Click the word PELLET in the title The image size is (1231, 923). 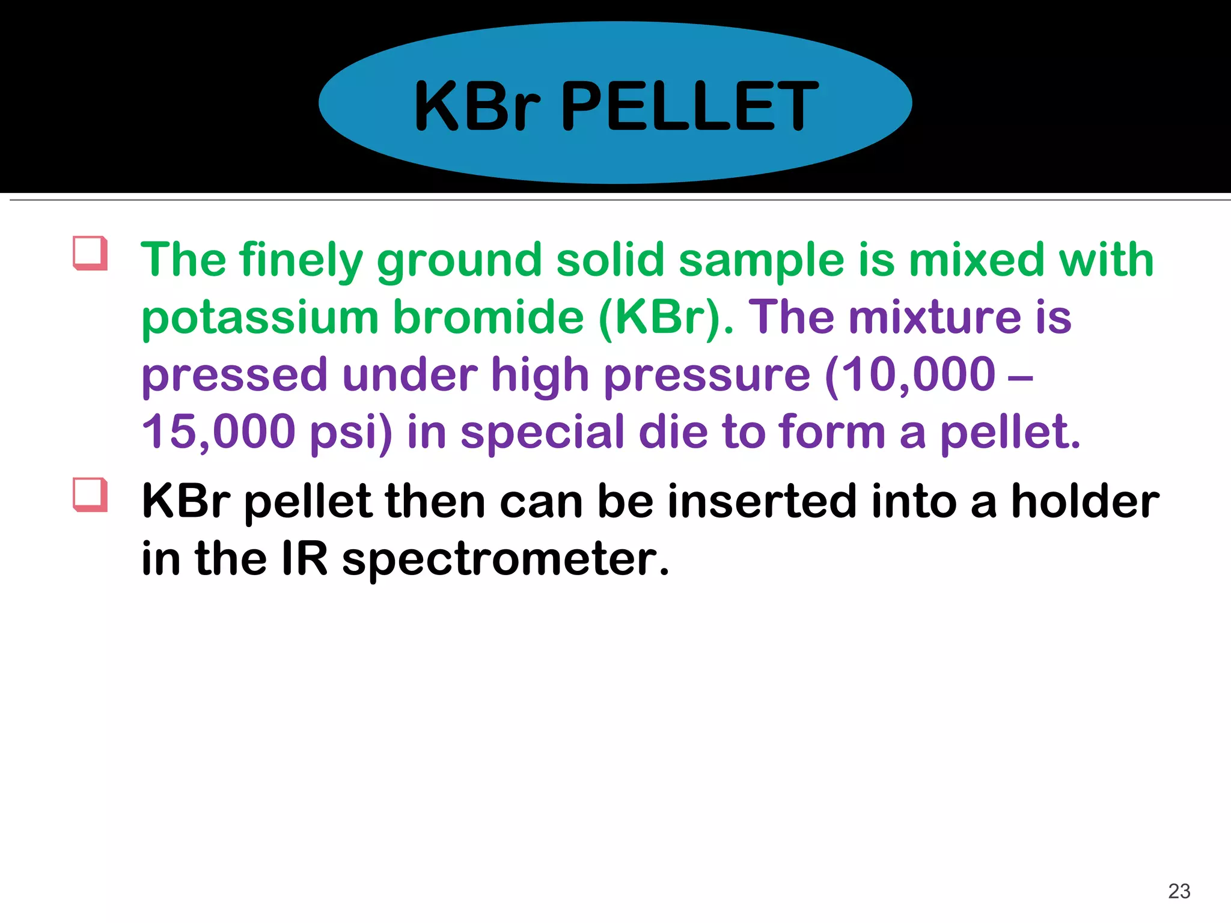click(689, 107)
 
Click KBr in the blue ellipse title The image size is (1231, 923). click(478, 107)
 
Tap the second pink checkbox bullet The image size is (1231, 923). click(90, 495)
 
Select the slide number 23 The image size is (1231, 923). click(1179, 891)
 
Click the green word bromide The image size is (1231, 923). click(488, 317)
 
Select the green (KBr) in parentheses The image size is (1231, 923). click(665, 317)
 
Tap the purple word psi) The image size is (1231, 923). click(350, 433)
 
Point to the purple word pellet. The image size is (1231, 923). click(1010, 433)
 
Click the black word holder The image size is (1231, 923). click(1085, 502)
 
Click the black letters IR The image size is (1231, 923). click(305, 559)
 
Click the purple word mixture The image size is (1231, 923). click(934, 317)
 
